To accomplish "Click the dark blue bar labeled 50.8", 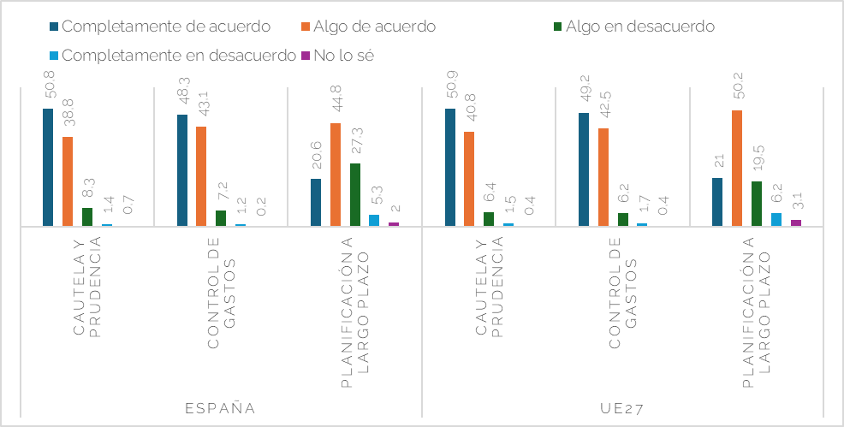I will (x=48, y=168).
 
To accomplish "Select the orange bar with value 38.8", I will (x=68, y=181).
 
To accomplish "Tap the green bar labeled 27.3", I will (x=354, y=195).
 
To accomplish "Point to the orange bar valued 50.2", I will (x=737, y=169).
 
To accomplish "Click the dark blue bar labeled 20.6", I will (x=316, y=203).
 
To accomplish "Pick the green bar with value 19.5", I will (x=757, y=204).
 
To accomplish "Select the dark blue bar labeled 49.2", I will (x=584, y=169).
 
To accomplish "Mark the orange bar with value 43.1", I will (x=201, y=176).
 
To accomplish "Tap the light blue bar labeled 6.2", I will (x=776, y=220).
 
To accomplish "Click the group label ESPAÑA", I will (x=220, y=407).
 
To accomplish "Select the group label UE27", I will (x=622, y=407).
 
